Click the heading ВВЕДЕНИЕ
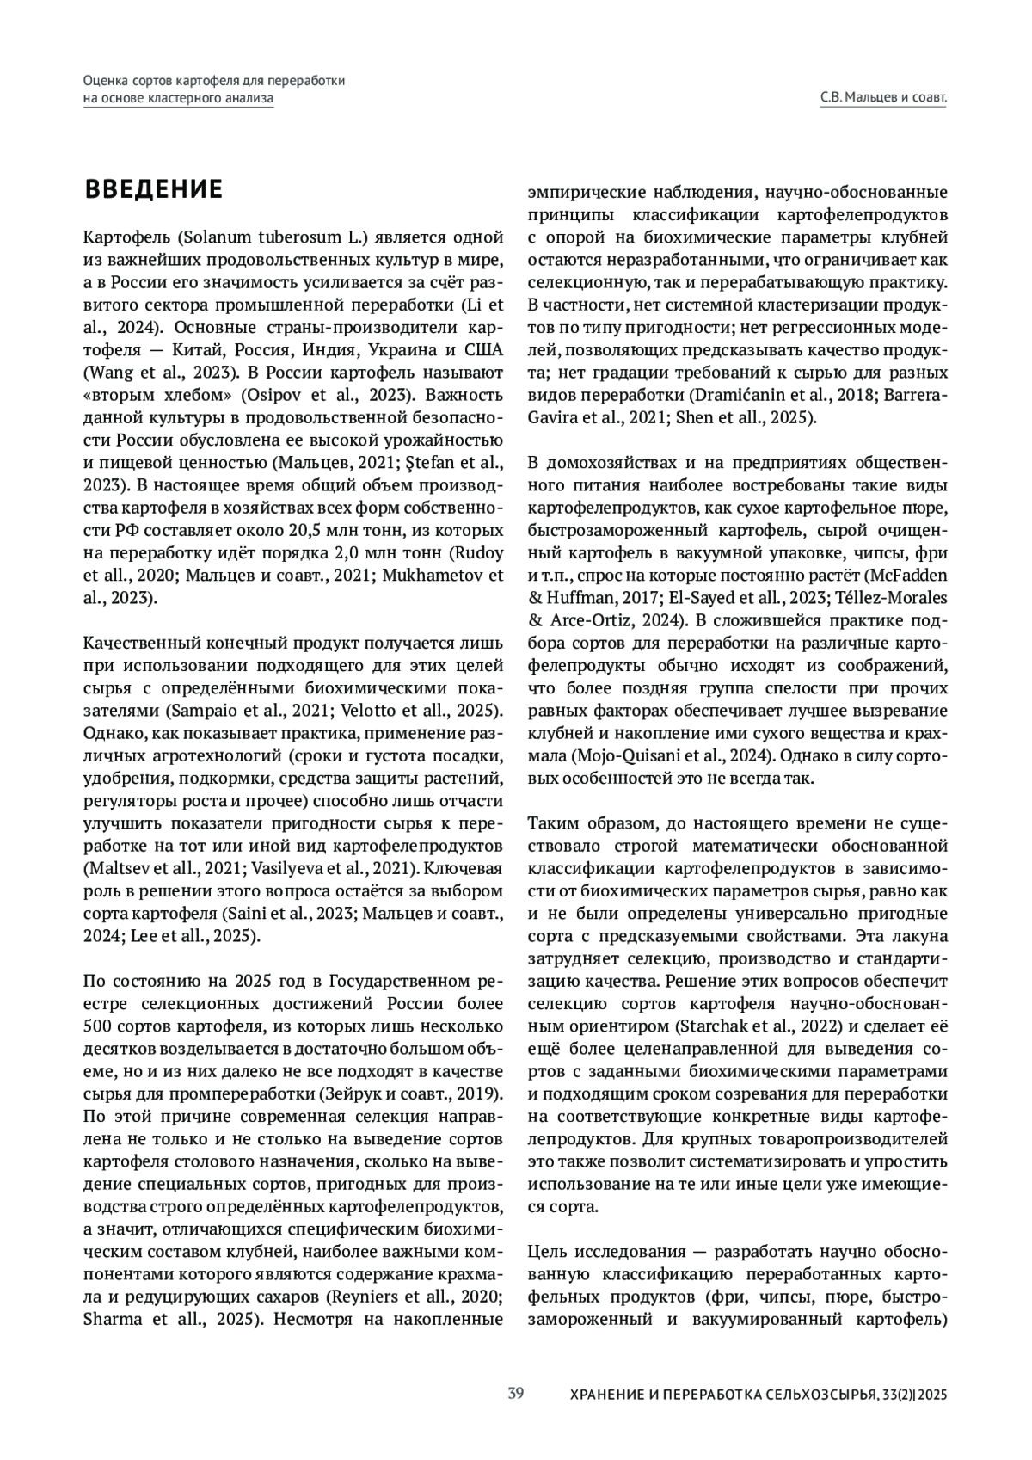[153, 189]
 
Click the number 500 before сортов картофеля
[97, 1026]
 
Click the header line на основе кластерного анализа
[178, 98]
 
